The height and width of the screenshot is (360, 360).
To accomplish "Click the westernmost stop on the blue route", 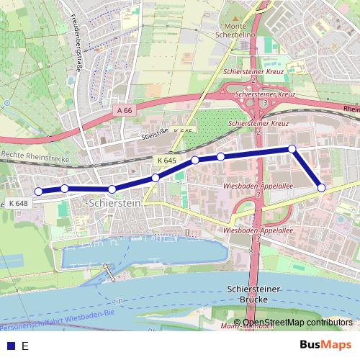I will point(38,192).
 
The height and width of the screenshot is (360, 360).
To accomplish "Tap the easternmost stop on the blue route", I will point(321,188).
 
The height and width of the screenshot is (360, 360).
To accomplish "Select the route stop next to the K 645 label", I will point(156,177).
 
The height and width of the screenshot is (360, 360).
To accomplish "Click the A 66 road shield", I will point(123,110).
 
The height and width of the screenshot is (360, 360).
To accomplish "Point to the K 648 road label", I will point(19,204).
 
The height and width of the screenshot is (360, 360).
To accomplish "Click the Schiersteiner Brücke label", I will point(247,293).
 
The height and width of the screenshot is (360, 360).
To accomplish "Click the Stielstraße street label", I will point(156,132).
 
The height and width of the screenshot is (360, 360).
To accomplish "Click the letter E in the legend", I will point(25,346).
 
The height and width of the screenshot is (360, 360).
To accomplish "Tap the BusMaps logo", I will point(325,345).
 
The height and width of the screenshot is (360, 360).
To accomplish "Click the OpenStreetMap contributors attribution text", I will point(297,323).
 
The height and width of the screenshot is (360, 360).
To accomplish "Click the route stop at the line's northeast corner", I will point(292,148).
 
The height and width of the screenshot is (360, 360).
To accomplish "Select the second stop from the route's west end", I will point(65,189).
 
